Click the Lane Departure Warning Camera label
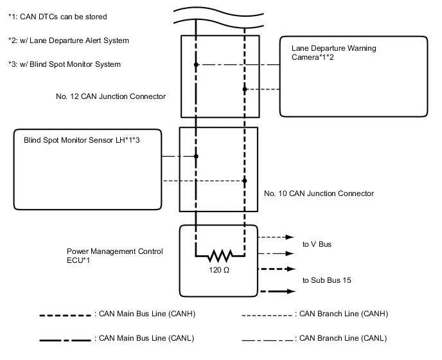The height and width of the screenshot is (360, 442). [x=333, y=53]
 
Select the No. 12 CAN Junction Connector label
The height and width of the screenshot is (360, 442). [x=111, y=96]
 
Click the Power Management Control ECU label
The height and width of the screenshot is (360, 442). [x=115, y=255]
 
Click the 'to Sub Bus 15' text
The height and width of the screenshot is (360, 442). [x=326, y=281]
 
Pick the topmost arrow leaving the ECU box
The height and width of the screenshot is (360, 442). [x=276, y=237]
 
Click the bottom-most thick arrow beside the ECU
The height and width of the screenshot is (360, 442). [x=276, y=291]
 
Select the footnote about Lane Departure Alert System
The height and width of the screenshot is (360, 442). [x=69, y=40]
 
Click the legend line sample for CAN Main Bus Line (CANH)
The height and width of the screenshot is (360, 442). [x=64, y=315]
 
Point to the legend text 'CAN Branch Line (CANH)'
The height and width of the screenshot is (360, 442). [x=343, y=314]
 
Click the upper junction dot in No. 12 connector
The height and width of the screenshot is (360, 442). [x=197, y=65]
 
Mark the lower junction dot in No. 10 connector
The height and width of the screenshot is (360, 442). [x=245, y=181]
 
